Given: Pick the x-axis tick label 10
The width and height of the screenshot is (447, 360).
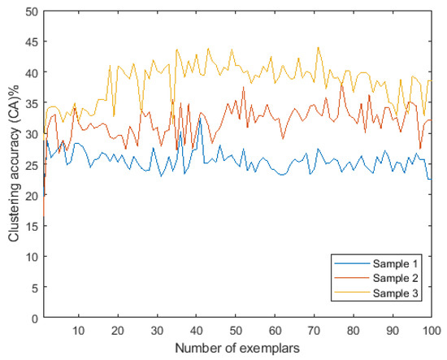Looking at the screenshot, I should tap(79, 331).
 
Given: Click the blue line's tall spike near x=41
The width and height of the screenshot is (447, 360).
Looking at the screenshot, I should tap(199, 118).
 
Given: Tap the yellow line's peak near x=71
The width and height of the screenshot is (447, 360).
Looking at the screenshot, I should tap(317, 47).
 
